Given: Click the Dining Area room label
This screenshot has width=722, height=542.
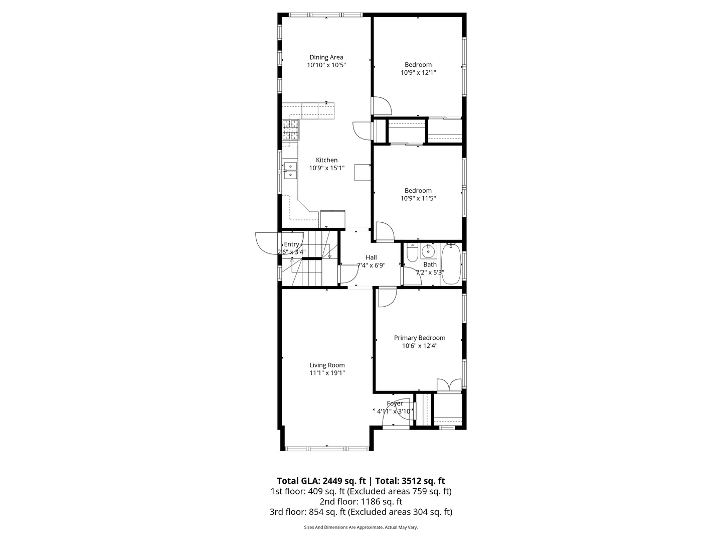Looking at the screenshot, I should [x=326, y=57].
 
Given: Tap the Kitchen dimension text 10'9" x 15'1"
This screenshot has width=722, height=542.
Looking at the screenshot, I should [x=326, y=168].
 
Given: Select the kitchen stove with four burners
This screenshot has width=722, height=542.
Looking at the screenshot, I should [x=291, y=129].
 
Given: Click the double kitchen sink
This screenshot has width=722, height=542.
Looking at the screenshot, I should [x=290, y=170].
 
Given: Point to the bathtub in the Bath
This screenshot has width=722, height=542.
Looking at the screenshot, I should [x=451, y=264].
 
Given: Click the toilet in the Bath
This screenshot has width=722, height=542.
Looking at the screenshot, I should [x=411, y=253].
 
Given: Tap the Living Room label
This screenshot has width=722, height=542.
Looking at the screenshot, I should [x=327, y=365].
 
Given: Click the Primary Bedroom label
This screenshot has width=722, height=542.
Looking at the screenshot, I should [x=419, y=338].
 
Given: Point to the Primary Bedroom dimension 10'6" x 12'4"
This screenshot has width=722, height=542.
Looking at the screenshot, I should [x=419, y=346].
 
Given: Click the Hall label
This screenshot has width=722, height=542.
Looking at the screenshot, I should [x=371, y=257].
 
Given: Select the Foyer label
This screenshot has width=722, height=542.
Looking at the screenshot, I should [x=395, y=403].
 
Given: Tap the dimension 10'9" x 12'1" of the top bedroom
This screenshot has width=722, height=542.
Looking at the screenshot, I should [x=418, y=73].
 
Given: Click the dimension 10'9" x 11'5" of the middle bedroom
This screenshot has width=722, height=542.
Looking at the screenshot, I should [x=418, y=198].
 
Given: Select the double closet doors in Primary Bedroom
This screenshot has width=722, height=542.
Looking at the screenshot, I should [x=449, y=385].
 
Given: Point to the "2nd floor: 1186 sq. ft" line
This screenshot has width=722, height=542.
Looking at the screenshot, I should [x=361, y=501].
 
